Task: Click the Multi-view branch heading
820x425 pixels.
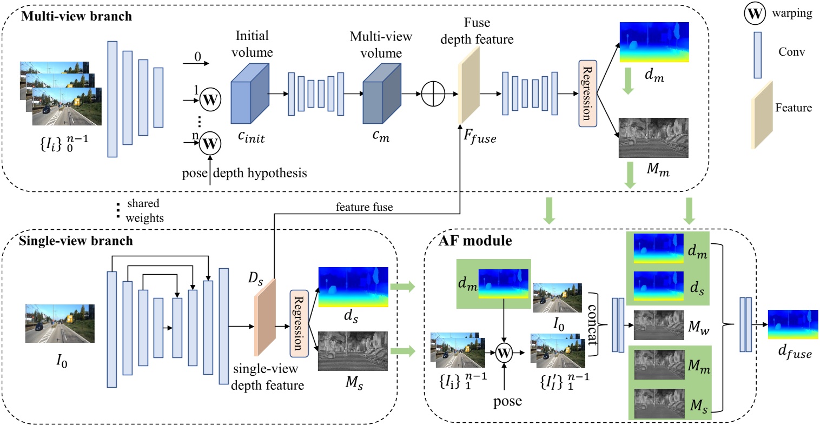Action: click(x=76, y=16)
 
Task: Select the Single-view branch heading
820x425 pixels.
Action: click(x=76, y=241)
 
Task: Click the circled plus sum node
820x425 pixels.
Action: click(x=433, y=94)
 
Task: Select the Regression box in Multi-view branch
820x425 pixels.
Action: click(x=587, y=94)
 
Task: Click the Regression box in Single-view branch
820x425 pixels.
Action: click(x=298, y=323)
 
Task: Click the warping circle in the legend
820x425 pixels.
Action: click(x=755, y=14)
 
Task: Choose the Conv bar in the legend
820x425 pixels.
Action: click(x=758, y=55)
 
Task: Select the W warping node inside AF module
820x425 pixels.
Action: click(x=504, y=353)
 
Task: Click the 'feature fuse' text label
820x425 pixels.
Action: click(x=364, y=207)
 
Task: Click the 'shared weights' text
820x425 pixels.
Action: click(x=143, y=210)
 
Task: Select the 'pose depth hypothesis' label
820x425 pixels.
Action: click(x=244, y=173)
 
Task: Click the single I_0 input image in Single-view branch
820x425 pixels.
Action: click(x=60, y=323)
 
